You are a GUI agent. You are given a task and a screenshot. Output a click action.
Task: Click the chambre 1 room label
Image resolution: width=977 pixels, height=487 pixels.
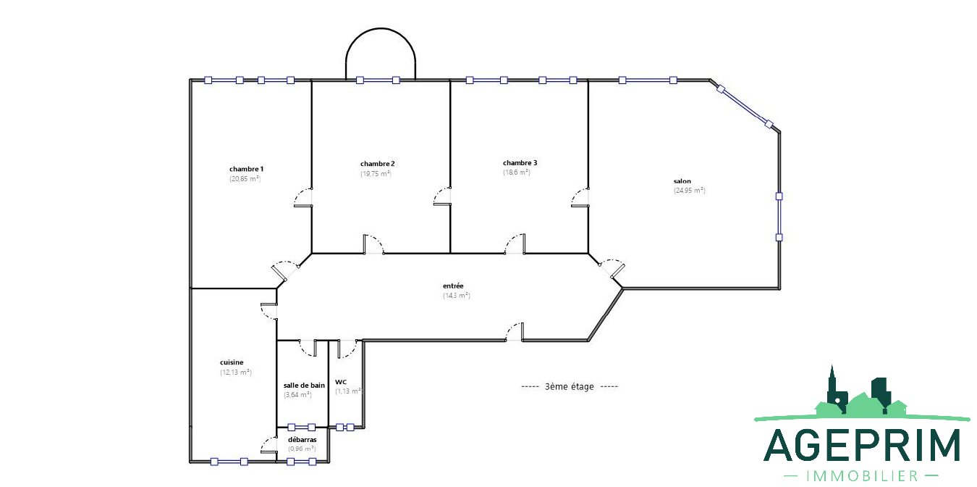click(x=247, y=169)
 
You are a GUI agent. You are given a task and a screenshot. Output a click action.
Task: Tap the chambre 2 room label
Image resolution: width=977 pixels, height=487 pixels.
click(x=377, y=164)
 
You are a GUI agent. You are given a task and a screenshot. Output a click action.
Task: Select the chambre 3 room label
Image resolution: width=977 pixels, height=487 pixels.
click(x=520, y=163)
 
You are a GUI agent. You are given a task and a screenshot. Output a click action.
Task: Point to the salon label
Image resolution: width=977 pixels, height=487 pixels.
click(x=682, y=181)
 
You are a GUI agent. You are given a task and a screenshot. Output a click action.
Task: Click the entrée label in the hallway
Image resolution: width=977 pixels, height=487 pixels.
click(x=453, y=286)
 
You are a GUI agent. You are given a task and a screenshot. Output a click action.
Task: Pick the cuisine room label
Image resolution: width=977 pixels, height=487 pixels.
click(x=232, y=362)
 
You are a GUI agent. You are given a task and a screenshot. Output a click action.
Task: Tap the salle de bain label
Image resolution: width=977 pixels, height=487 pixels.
click(x=304, y=386)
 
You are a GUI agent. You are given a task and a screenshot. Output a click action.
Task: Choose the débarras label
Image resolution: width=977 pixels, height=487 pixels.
click(x=303, y=440)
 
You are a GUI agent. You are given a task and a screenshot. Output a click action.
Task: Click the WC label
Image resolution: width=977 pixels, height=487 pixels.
click(x=341, y=382)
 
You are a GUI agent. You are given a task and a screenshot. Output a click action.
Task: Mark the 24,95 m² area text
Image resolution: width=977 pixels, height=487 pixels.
click(x=690, y=191)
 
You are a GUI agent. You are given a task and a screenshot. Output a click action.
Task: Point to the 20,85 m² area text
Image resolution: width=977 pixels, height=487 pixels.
click(x=245, y=179)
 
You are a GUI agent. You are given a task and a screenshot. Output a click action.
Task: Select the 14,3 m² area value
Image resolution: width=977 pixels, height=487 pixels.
click(x=457, y=296)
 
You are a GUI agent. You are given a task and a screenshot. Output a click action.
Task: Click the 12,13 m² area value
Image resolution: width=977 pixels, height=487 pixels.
click(x=236, y=372)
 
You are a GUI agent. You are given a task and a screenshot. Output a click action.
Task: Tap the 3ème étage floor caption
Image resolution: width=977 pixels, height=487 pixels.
click(x=569, y=386)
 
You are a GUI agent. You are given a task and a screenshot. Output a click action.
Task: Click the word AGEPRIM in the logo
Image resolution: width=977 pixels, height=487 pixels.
click(x=862, y=445)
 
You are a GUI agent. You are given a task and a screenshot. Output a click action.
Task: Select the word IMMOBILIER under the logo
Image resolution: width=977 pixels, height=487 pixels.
click(x=861, y=476)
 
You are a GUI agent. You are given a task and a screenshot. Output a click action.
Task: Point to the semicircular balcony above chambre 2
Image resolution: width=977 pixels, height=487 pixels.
click(x=381, y=29)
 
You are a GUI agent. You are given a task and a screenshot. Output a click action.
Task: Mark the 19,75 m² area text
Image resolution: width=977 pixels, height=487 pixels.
click(x=376, y=174)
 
